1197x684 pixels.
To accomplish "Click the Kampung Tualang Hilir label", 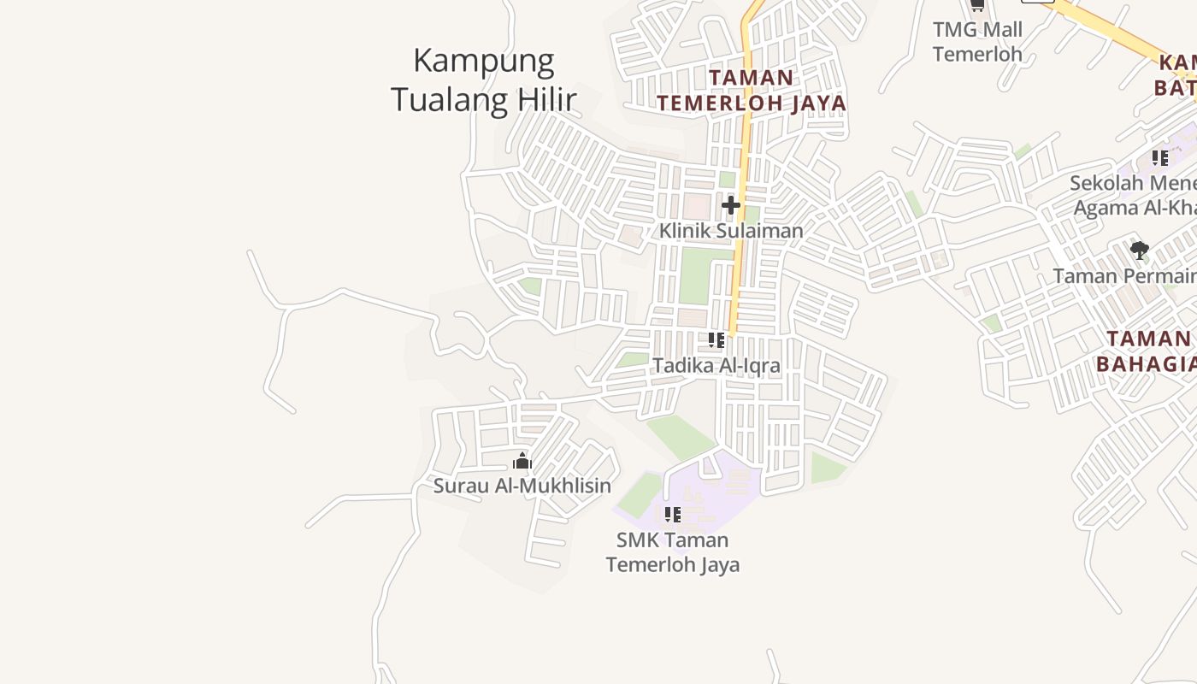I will [x=483, y=80].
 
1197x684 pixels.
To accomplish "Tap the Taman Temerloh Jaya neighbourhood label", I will [x=752, y=91].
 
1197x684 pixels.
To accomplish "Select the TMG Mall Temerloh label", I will [x=977, y=42].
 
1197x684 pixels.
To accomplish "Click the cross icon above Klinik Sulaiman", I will [x=730, y=205].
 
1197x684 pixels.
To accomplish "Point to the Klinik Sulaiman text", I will [x=731, y=231].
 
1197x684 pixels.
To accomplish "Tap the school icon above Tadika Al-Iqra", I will [x=716, y=340].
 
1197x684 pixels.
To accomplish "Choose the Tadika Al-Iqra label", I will [x=716, y=366].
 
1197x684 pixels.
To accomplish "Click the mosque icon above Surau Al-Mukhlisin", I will [x=522, y=463].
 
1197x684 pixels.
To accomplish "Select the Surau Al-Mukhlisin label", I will [x=522, y=486].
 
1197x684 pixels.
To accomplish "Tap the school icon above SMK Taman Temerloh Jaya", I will [x=673, y=515].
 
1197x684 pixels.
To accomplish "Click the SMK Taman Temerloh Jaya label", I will [x=673, y=552].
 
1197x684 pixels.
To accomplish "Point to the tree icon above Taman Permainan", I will [x=1139, y=251].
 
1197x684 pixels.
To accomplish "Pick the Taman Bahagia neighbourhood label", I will [x=1147, y=351].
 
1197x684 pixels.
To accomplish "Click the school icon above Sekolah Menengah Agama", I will [x=1159, y=158].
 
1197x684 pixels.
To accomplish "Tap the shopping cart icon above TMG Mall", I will [x=976, y=5].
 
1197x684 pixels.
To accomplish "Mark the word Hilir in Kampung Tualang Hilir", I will [x=544, y=100].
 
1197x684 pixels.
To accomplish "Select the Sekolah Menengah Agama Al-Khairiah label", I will [x=1134, y=196].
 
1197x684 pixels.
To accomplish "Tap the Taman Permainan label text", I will [x=1124, y=276].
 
